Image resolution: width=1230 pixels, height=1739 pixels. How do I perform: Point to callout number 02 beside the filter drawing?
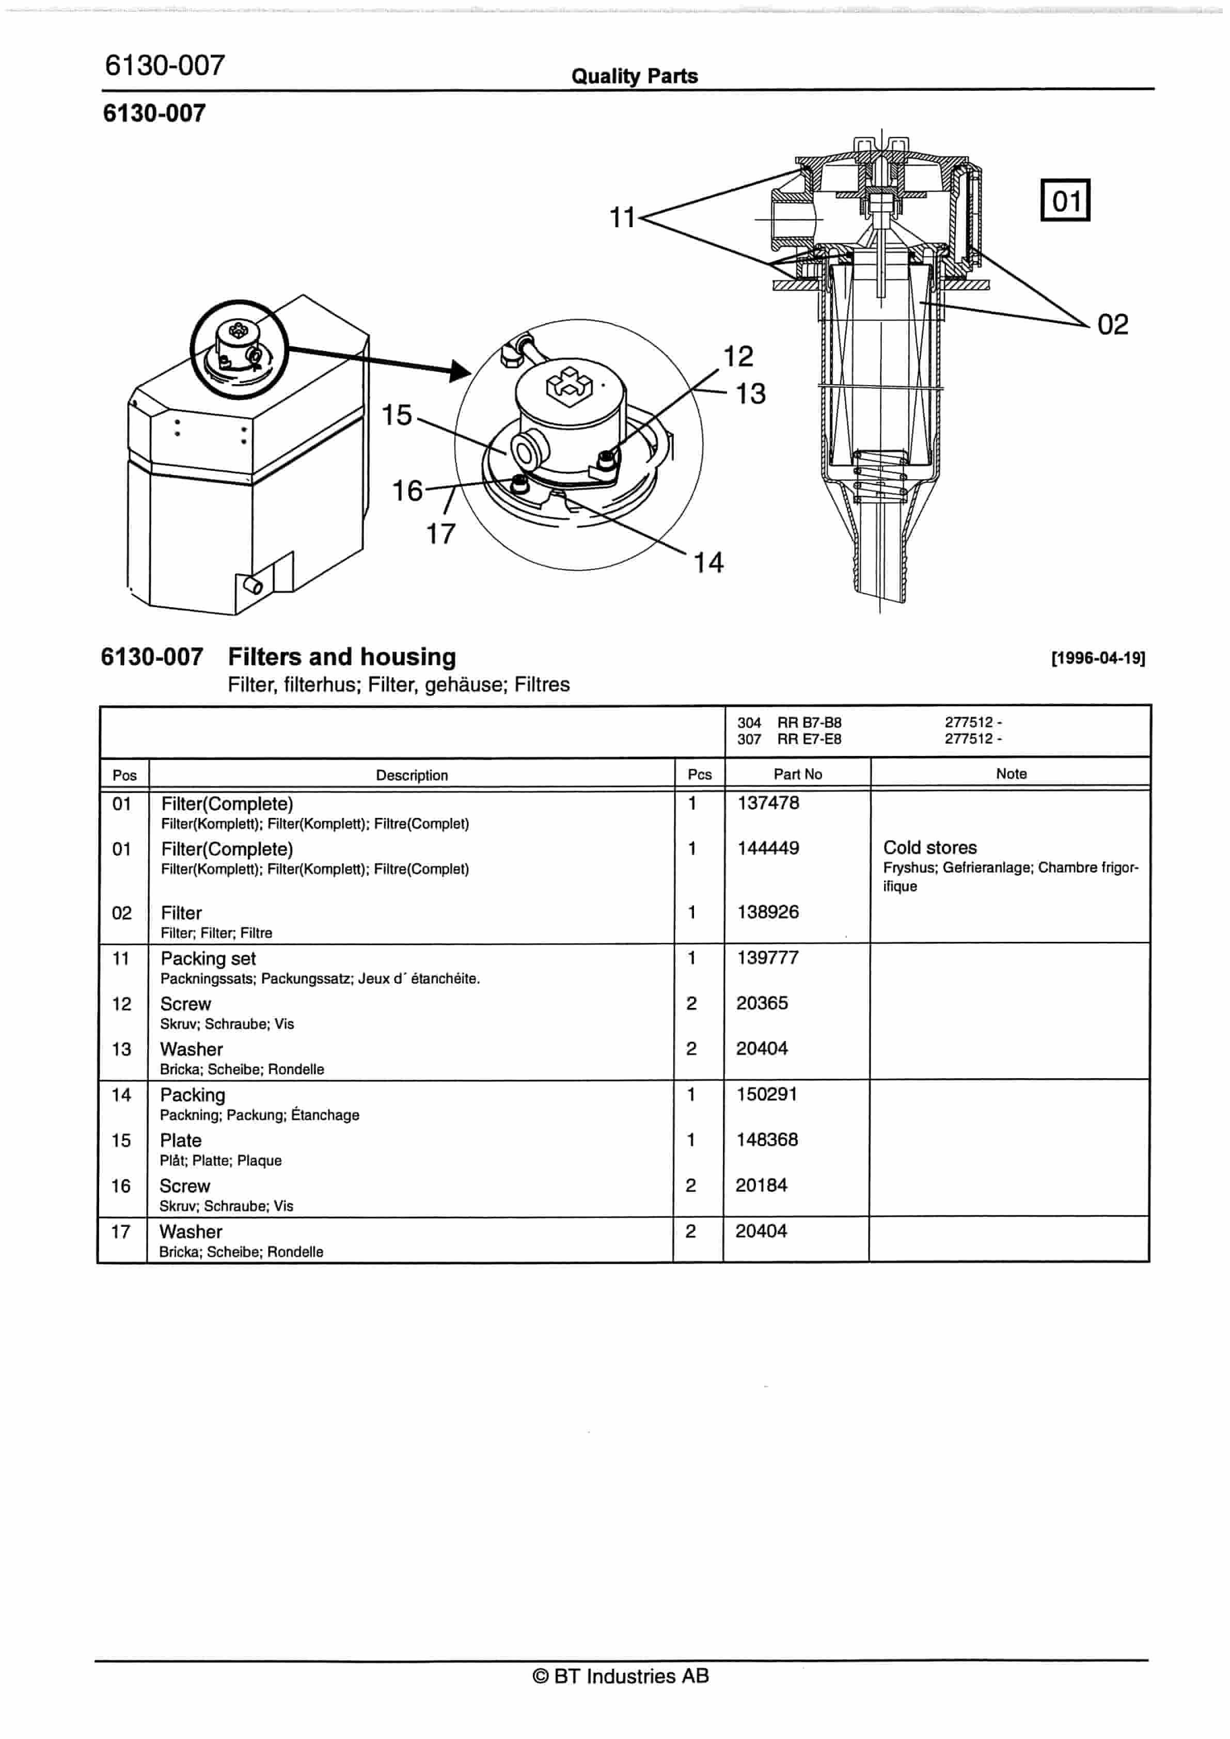click(1113, 325)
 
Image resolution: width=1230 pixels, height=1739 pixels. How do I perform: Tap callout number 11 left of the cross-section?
click(623, 218)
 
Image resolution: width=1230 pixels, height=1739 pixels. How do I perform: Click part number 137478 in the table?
click(768, 803)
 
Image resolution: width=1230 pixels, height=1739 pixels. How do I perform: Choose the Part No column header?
click(797, 774)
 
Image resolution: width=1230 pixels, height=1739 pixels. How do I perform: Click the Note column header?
click(1011, 773)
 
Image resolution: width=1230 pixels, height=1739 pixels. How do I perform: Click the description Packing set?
click(208, 958)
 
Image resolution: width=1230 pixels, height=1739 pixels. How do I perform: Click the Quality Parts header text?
click(634, 76)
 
